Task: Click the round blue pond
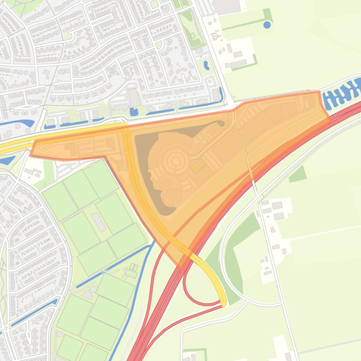pyautogui.click(x=267, y=24)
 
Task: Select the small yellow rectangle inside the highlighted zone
pyautogui.click(x=197, y=165)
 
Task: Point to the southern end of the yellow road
pyautogui.click(x=224, y=303)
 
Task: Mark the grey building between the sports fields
pyautogui.click(x=99, y=222)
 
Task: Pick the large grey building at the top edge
pyautogui.click(x=226, y=6)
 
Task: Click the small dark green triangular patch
pyautogui.click(x=298, y=174)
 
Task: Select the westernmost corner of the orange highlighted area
pyautogui.click(x=31, y=154)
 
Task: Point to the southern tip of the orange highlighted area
pyautogui.click(x=181, y=266)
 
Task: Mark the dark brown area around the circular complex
pyautogui.click(x=143, y=169)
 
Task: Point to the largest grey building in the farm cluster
pyautogui.click(x=277, y=205)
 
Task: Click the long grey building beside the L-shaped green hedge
pyautogui.click(x=238, y=63)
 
